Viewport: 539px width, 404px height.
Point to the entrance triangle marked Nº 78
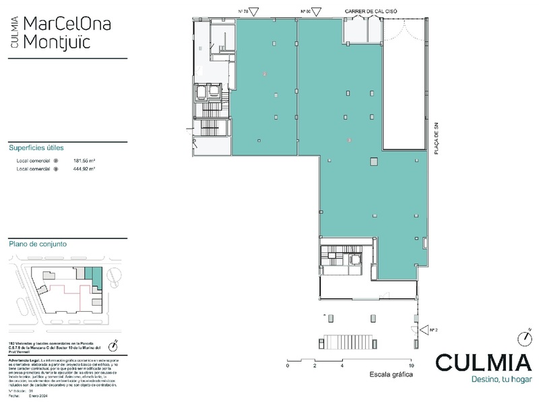click(254, 11)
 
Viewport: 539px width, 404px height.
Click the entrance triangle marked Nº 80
click(317, 11)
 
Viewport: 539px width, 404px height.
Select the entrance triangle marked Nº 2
click(424, 330)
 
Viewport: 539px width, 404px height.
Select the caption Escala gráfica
click(391, 374)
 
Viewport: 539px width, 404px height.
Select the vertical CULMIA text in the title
click(15, 32)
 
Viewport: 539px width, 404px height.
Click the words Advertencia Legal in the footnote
click(24, 361)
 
